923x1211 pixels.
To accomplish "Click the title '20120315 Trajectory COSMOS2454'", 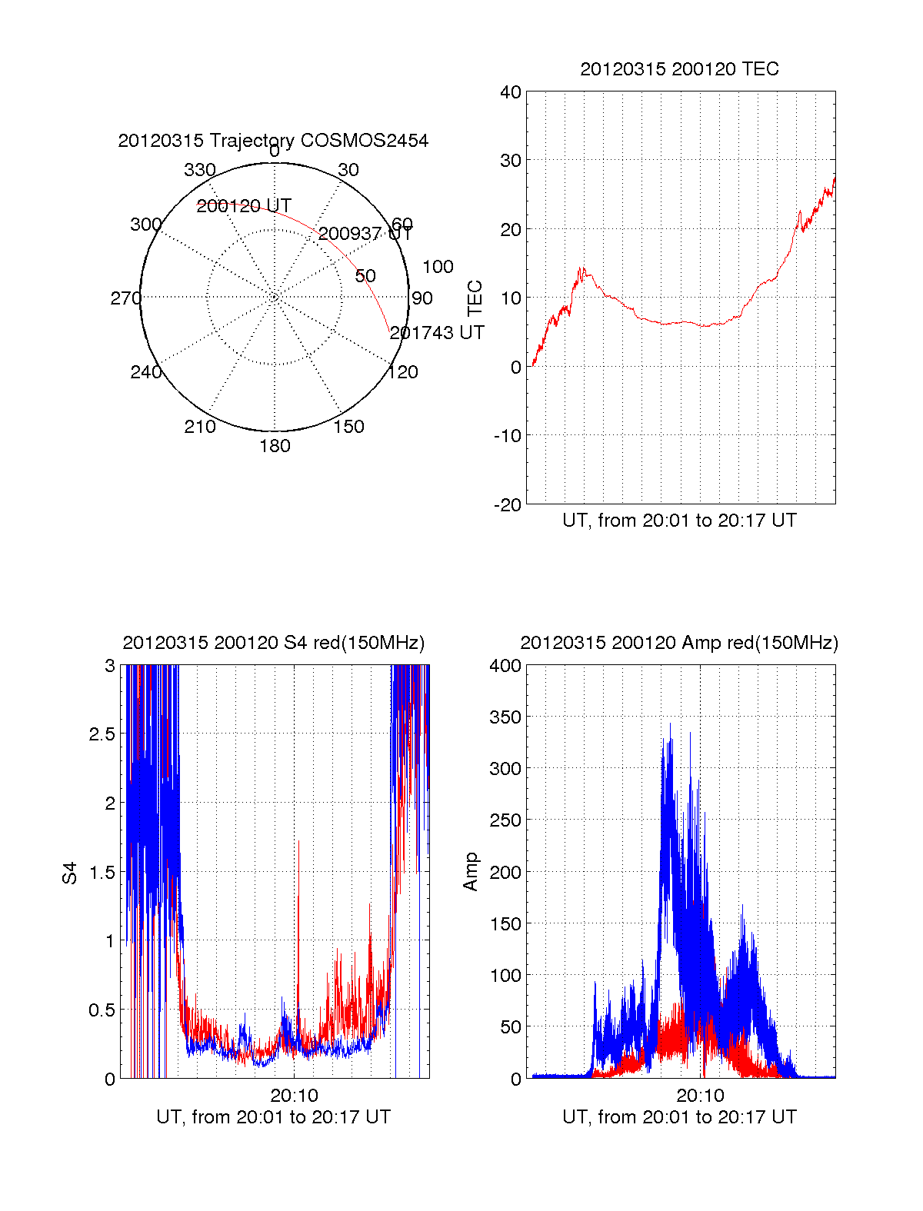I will (x=273, y=141).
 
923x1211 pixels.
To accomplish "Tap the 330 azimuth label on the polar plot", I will (x=200, y=170).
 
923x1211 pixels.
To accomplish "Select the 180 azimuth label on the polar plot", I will (x=275, y=446).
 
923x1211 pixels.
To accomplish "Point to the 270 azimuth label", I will (x=125, y=298).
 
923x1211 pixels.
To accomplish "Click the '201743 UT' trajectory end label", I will (x=437, y=333).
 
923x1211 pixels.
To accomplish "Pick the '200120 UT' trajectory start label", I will (x=244, y=206).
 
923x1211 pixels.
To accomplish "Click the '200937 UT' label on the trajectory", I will (x=365, y=234).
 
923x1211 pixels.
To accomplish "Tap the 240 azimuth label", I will (x=145, y=373).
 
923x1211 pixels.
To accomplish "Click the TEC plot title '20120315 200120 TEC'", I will (x=679, y=69).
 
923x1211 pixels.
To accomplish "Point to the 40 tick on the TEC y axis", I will (x=511, y=92).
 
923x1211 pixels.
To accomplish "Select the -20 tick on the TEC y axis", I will (x=507, y=504).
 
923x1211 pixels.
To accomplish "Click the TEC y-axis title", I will (x=475, y=298).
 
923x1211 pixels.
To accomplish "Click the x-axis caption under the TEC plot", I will (x=679, y=521).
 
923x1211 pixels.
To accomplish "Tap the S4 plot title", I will (x=273, y=643).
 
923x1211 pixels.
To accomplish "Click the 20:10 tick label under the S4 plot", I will (x=294, y=1095).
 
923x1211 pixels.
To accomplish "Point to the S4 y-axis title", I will (x=70, y=873).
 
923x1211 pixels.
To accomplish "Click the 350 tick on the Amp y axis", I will (x=505, y=717).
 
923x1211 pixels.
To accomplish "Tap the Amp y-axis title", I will (x=471, y=872).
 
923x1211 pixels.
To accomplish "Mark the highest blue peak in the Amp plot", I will (x=670, y=724).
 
